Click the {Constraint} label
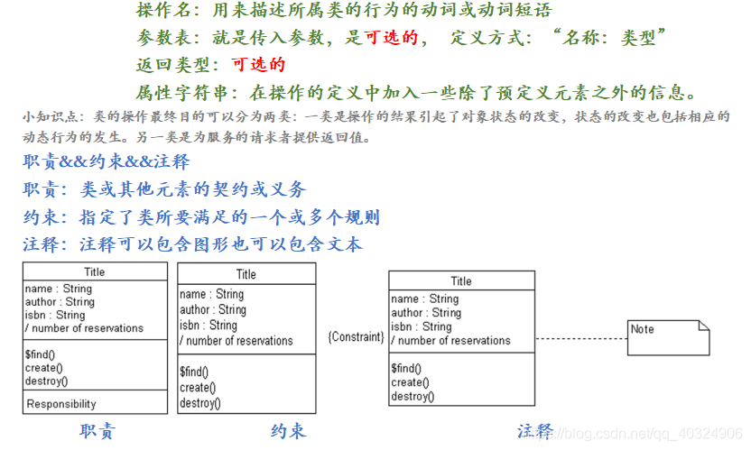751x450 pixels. point(357,337)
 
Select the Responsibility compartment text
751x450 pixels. point(61,404)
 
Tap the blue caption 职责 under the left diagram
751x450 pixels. point(97,431)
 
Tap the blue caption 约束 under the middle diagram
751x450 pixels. point(288,431)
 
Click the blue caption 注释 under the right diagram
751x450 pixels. point(535,431)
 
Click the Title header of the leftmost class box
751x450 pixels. point(95,271)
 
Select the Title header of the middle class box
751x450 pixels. point(246,274)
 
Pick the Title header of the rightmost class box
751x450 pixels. point(461,281)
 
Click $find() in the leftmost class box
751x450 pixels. point(41,354)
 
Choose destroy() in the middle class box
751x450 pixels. point(200,403)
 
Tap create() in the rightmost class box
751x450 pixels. point(410,382)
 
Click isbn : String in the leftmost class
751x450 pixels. point(55,315)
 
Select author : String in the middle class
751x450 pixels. point(213,309)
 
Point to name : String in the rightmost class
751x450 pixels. point(424,298)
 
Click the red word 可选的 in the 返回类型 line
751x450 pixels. point(258,65)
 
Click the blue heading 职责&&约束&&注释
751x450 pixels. point(107,162)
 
